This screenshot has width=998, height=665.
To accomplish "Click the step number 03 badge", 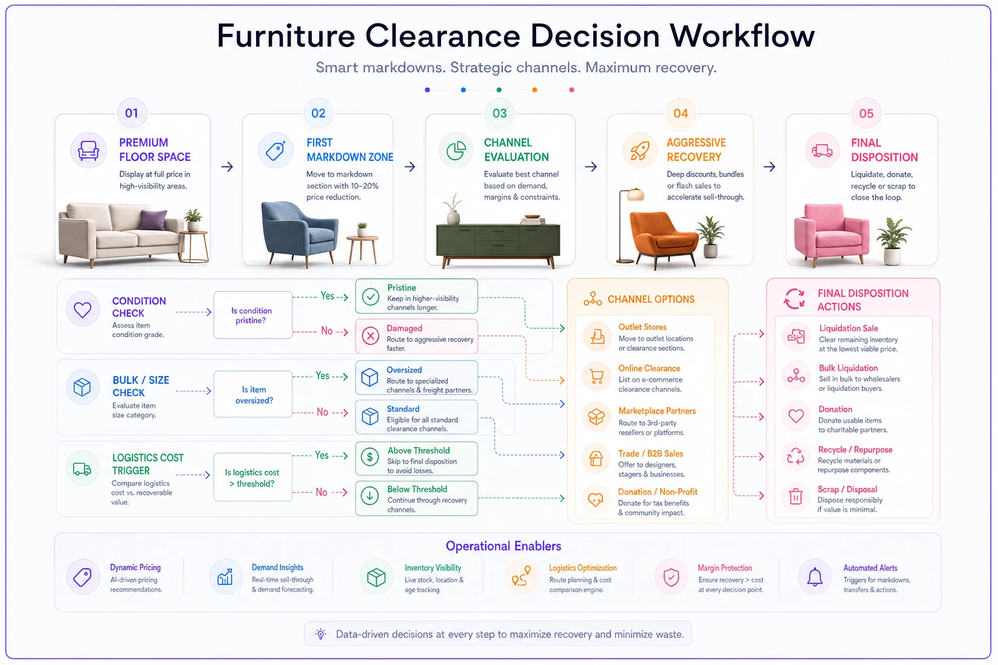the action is coord(500,113).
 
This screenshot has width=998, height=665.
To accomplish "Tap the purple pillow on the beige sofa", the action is coord(154,220).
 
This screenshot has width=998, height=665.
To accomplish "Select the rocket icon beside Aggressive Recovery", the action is coord(640,151).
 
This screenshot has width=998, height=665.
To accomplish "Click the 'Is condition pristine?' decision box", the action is coord(253,315).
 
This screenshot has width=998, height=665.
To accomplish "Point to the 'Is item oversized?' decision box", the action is coord(253,394).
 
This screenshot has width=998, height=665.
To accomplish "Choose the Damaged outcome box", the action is coord(416,336).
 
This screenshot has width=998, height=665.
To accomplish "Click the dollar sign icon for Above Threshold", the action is coord(370,457).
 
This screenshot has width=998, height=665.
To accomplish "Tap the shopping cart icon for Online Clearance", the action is coord(596,377).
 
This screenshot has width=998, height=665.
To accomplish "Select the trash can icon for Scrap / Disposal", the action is coord(796,496).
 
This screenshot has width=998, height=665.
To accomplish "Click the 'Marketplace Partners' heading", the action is coord(657,410).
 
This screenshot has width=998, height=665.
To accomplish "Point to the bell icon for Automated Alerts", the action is coord(815,577).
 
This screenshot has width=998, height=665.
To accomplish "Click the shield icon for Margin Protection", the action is coord(671,577).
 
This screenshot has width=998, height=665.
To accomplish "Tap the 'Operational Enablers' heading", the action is coord(504,546).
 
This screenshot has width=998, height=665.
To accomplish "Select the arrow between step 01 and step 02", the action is coord(227,167).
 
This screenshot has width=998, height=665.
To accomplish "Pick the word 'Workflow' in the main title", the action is coord(742,36).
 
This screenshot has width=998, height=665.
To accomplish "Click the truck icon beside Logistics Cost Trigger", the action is coord(82,469).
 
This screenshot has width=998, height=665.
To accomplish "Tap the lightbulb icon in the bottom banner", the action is coord(320,634).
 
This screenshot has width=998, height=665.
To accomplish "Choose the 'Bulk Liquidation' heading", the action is coord(848,368).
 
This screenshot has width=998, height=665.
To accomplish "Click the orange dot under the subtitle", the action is coord(535,90).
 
